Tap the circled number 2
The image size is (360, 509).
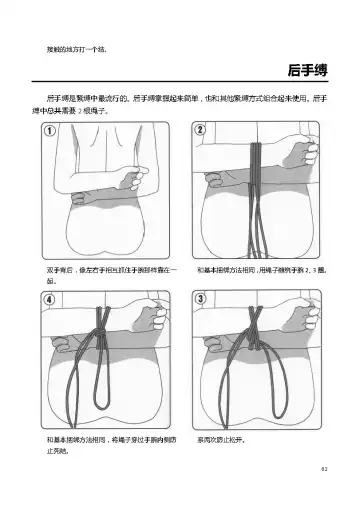pos(200,131)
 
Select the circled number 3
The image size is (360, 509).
pos(200,298)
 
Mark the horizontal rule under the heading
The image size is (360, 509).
pos(180,82)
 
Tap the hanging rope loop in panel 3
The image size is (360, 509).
pos(250,380)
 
